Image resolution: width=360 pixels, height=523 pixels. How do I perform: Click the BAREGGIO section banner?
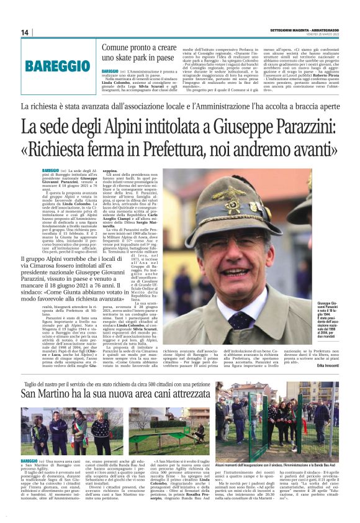pyautogui.click(x=57, y=65)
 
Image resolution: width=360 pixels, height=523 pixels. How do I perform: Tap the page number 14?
pyautogui.click(x=25, y=32)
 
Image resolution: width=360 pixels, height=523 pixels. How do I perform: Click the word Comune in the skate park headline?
pyautogui.click(x=118, y=47)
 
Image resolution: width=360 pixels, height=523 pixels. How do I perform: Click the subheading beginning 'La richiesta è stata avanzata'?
pyautogui.click(x=179, y=106)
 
